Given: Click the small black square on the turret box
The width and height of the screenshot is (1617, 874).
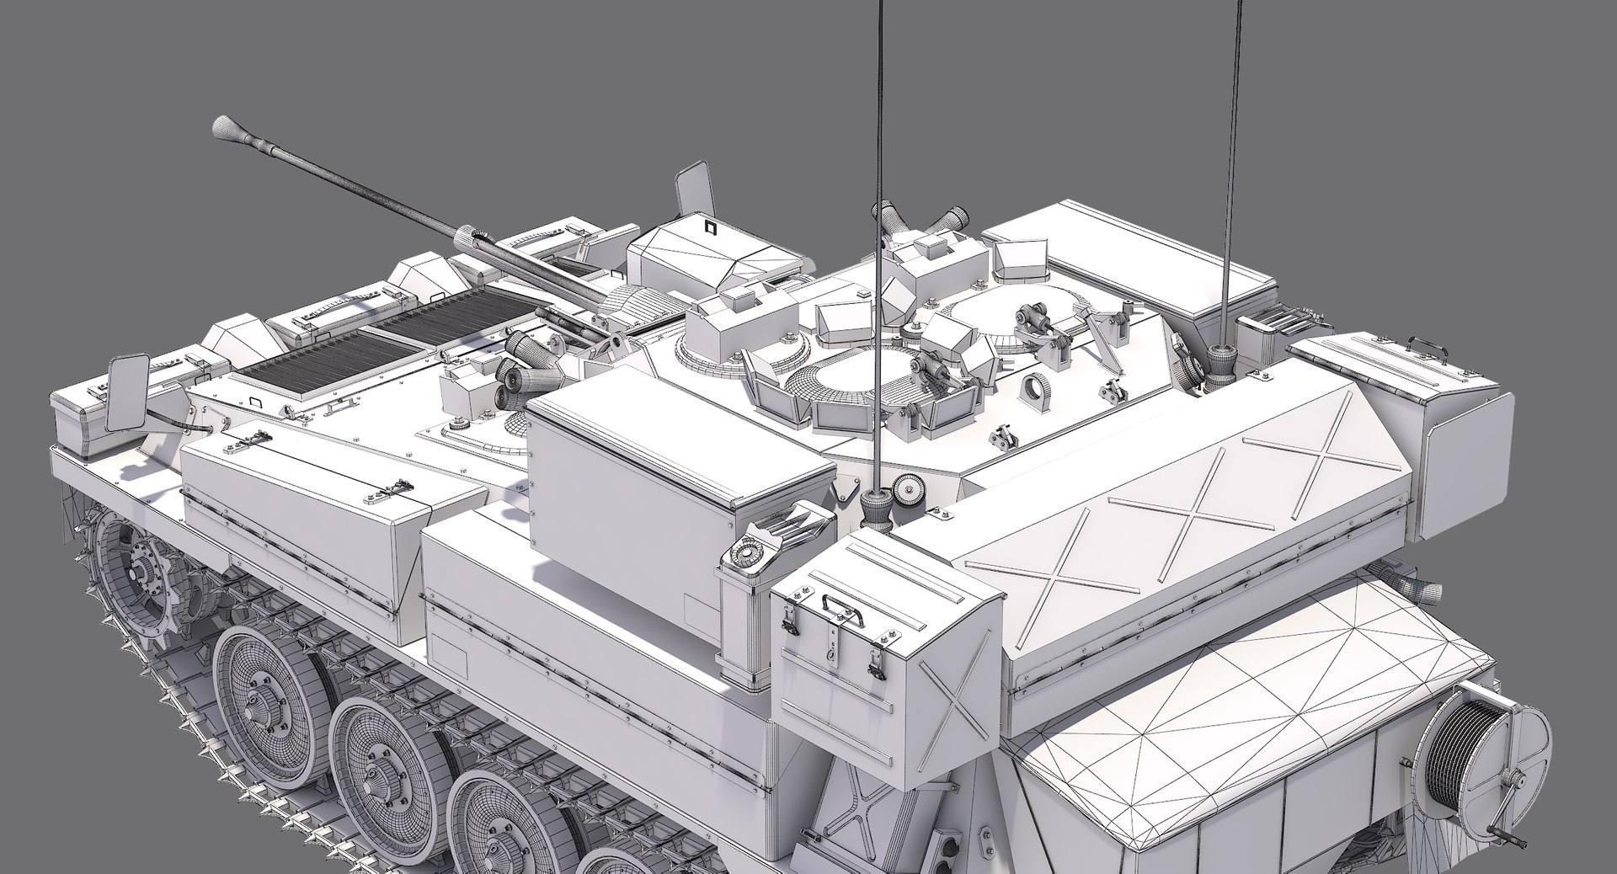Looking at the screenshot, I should pos(707,226).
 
